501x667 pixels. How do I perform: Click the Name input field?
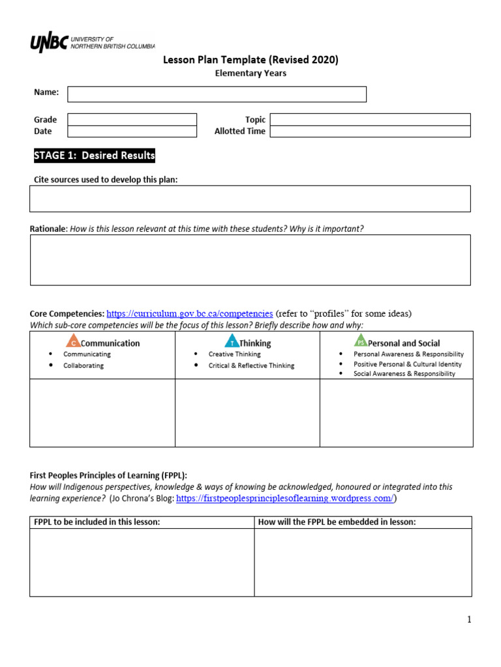pos(217,94)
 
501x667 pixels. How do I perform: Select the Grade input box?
pos(132,119)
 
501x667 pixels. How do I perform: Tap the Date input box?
pos(132,132)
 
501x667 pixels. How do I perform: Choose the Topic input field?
pos(370,119)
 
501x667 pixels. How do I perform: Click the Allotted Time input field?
pos(370,132)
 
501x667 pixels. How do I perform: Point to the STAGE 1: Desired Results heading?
pos(94,156)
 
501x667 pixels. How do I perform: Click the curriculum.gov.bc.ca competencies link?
pos(189,314)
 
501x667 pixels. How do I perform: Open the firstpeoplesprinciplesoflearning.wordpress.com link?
pos(285,498)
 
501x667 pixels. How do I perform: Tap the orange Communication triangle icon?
pos(73,341)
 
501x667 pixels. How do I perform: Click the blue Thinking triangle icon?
pos(232,341)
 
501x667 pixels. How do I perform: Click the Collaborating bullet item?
pos(83,365)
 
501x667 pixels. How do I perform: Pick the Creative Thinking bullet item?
pos(234,354)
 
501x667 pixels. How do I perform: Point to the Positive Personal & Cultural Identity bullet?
pos(407,364)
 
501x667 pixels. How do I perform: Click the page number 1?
pos(468,619)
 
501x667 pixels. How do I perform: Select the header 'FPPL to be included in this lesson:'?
pos(97,522)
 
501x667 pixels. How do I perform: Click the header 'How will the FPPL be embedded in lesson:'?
pos(337,522)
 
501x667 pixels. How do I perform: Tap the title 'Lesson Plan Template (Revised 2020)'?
pos(250,61)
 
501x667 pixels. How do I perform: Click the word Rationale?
pos(48,229)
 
